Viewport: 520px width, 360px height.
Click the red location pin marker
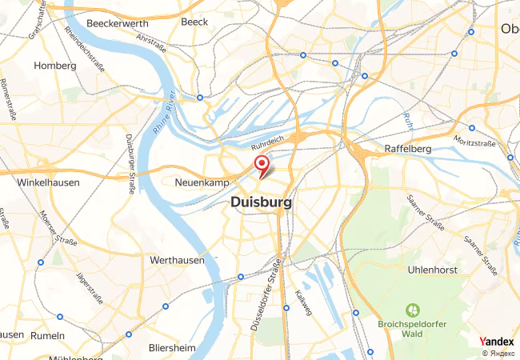click(x=261, y=165)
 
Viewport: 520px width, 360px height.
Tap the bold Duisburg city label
click(x=261, y=203)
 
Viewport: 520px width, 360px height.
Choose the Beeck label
click(x=194, y=22)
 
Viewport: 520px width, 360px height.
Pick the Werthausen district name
click(x=177, y=261)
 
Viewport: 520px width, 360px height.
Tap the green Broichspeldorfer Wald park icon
click(x=413, y=309)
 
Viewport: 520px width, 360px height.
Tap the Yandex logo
click(x=497, y=341)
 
